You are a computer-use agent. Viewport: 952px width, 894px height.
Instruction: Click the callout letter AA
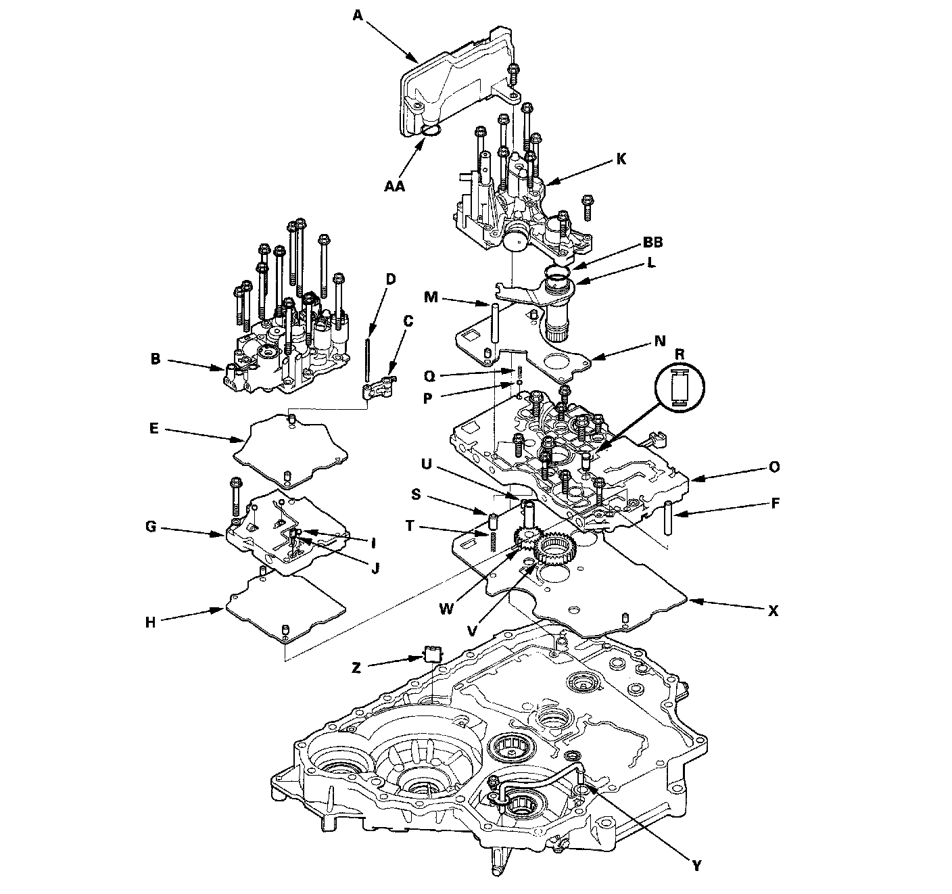coord(394,185)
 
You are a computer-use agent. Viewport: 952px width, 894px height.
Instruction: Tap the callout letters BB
coord(652,242)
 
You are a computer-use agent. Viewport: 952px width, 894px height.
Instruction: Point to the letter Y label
coord(697,864)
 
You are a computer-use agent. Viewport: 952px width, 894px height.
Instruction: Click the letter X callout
coord(773,611)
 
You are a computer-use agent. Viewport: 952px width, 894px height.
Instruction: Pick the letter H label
coord(151,622)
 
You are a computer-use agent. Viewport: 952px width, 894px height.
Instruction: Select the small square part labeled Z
coord(432,653)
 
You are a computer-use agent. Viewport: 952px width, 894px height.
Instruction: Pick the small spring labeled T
coord(494,540)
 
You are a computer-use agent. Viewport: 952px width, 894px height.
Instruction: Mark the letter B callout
coord(156,360)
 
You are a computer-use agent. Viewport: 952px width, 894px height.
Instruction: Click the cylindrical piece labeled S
coord(493,522)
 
